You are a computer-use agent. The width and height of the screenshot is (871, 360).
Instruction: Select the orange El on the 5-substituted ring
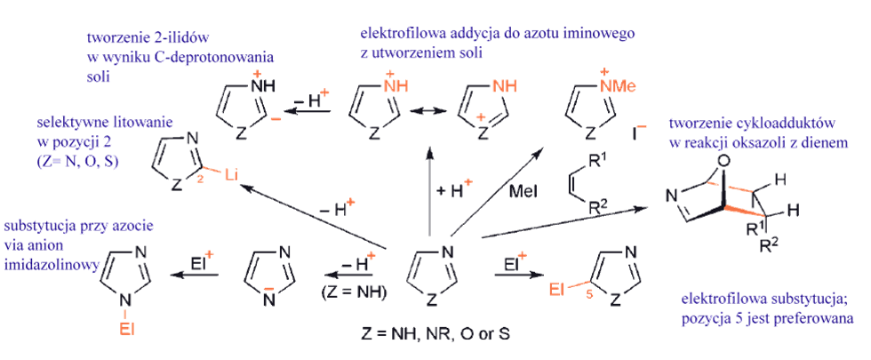click(x=555, y=286)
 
